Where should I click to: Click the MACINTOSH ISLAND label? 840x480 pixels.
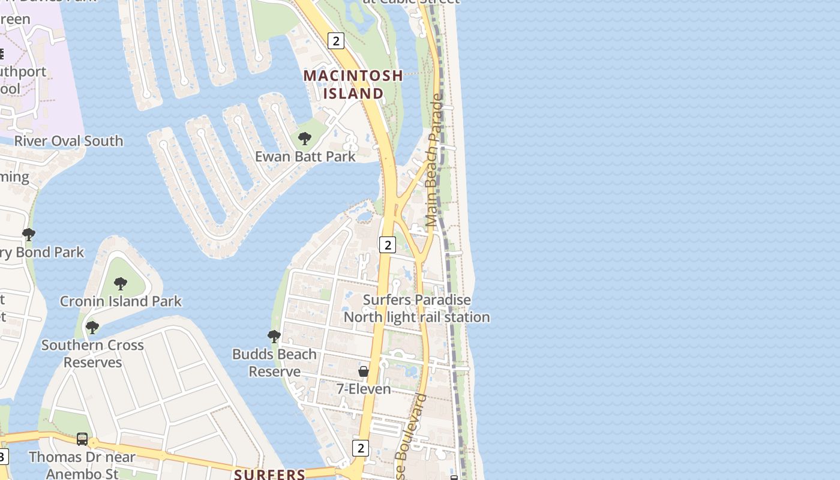click(x=353, y=84)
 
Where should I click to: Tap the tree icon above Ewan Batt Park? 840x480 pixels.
click(x=305, y=139)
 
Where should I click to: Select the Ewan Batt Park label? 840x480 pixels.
click(x=305, y=157)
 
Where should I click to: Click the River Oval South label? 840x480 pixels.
click(x=68, y=141)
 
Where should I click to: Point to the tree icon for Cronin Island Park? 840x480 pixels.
click(x=121, y=283)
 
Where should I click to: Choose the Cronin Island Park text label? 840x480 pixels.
click(x=121, y=301)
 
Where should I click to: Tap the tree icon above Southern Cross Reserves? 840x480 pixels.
click(x=92, y=328)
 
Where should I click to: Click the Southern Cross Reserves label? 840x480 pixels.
click(x=92, y=354)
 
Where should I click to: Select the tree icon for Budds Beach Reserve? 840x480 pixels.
click(x=274, y=337)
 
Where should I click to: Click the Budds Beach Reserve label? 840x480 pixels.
click(x=274, y=363)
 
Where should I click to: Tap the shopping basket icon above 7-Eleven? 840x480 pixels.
click(x=364, y=371)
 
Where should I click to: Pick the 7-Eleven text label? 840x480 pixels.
click(x=364, y=389)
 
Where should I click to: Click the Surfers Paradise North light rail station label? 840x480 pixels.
click(x=417, y=308)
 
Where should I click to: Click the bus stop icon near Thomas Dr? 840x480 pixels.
click(x=82, y=439)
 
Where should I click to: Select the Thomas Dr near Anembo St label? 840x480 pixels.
click(x=82, y=465)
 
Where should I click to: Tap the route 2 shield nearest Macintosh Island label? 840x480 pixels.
click(x=336, y=41)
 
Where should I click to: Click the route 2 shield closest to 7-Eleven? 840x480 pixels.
click(x=360, y=448)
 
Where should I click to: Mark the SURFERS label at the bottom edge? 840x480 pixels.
click(x=270, y=475)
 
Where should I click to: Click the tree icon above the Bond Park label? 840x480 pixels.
click(x=28, y=235)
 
